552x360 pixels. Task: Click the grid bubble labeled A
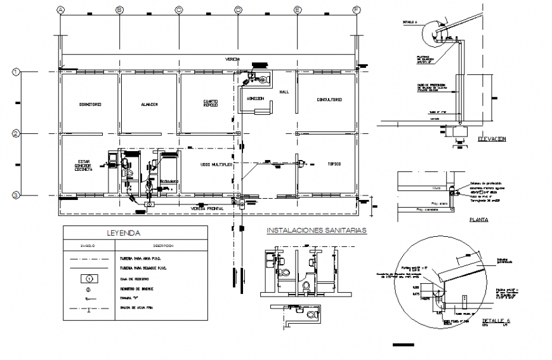point(61,10)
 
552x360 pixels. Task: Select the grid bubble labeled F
point(357,10)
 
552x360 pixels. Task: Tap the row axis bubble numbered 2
point(16,133)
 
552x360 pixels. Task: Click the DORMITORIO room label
point(90,104)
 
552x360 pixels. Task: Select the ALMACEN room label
point(149,104)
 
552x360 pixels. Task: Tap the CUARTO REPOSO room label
point(211,103)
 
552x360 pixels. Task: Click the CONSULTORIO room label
point(329,100)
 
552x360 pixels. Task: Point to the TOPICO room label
point(334,164)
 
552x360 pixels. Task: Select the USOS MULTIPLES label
point(216,164)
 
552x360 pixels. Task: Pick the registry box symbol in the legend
point(89,278)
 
